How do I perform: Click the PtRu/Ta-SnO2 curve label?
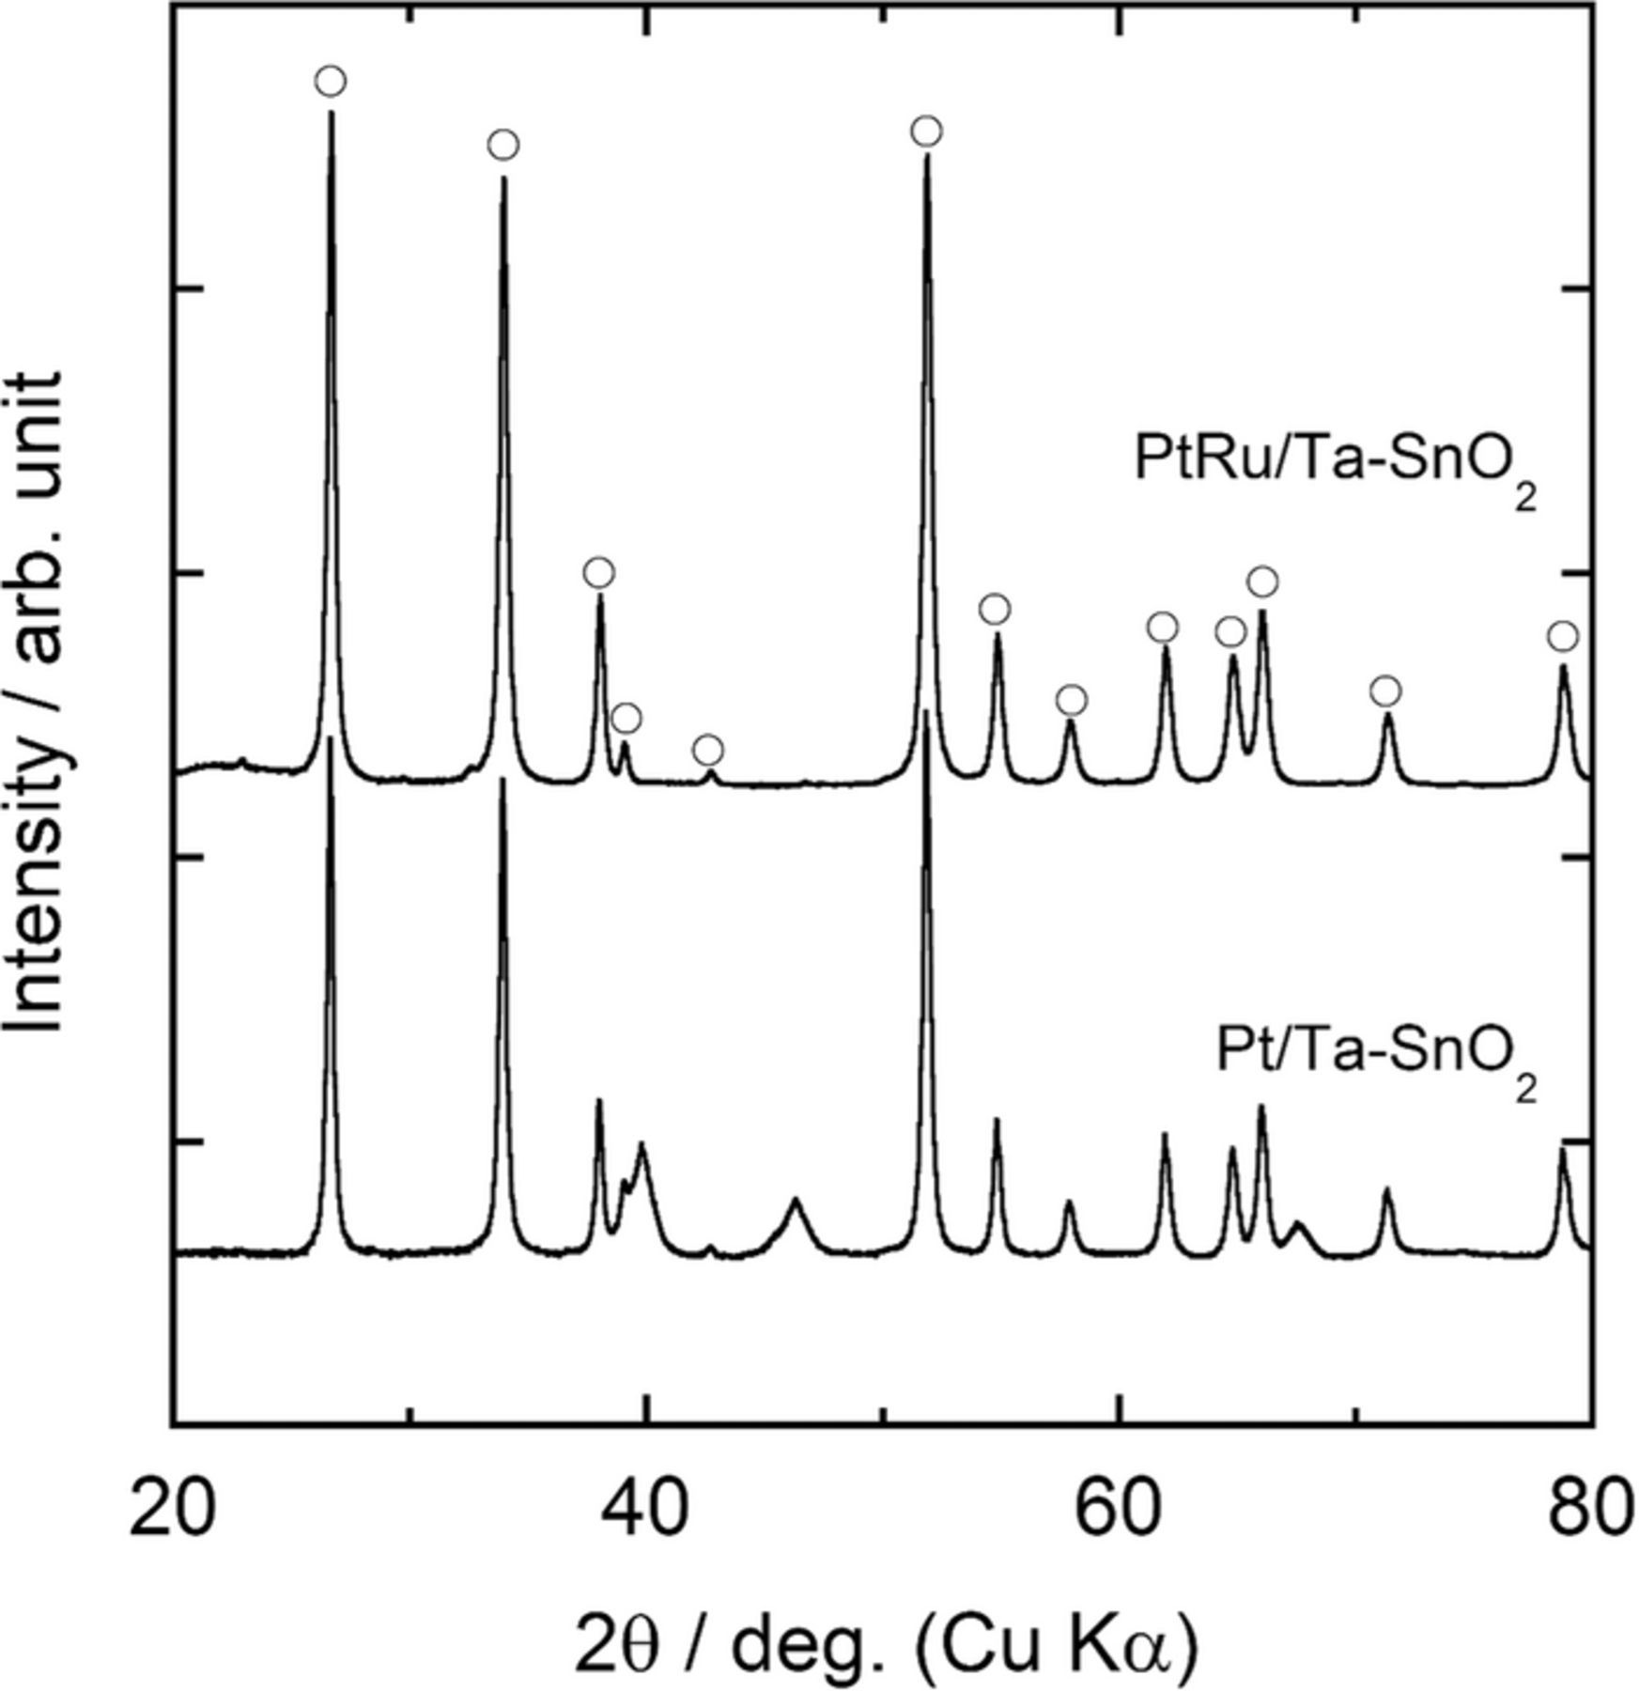click(1335, 462)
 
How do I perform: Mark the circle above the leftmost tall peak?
click(330, 82)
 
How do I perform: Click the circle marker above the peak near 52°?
click(926, 132)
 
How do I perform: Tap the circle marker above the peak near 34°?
click(503, 146)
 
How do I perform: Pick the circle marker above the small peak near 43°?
click(708, 751)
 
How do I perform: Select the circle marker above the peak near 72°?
click(1385, 692)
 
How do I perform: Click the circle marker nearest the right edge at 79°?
click(1562, 637)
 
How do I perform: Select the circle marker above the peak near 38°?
click(599, 573)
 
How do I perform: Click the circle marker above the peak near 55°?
click(995, 610)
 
